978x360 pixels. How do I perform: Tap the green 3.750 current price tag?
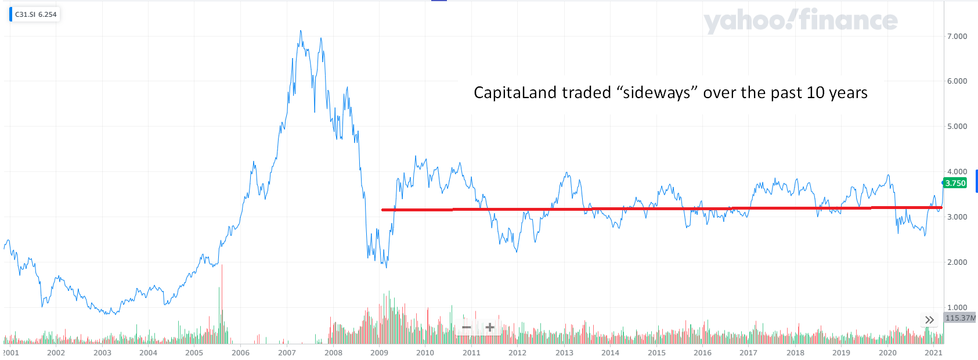pos(955,183)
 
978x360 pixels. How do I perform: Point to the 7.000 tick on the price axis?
pos(957,36)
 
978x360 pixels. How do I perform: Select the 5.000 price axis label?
pos(957,126)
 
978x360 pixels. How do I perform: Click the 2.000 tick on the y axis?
pos(957,262)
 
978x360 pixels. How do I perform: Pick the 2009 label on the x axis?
pos(379,352)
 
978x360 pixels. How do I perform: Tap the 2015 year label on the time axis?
pos(656,352)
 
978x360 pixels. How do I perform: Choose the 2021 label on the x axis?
pos(933,352)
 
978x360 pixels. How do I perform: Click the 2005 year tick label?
pos(194,352)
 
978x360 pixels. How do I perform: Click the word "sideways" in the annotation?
pos(656,93)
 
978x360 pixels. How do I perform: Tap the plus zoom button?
pos(490,327)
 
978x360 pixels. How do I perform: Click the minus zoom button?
pos(466,327)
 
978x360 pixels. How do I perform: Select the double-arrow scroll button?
pos(929,320)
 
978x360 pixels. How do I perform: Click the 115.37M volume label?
pos(960,318)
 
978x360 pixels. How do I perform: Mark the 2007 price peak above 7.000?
pos(300,31)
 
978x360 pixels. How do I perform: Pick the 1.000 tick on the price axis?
pos(957,307)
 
